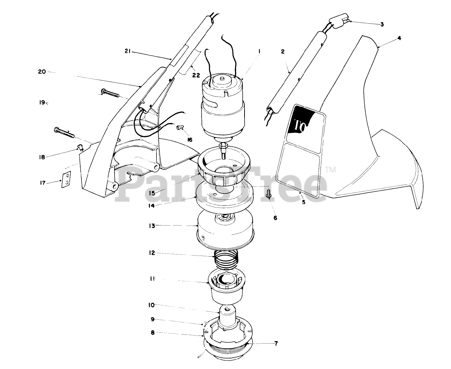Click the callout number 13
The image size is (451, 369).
(152, 226)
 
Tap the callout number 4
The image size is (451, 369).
(399, 38)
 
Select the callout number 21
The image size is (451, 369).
(128, 51)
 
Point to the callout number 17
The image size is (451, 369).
(43, 183)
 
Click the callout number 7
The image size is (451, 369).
(276, 344)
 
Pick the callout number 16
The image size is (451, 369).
(190, 140)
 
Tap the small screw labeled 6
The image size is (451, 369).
(269, 194)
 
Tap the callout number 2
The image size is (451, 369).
(283, 51)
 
